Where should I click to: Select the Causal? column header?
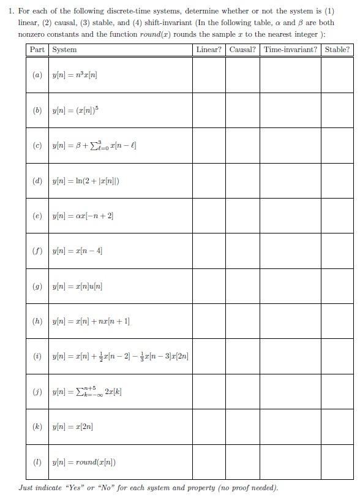point(242,50)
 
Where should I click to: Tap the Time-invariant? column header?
point(290,50)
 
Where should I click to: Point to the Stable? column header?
point(337,50)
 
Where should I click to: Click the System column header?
point(65,50)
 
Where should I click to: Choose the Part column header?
point(37,50)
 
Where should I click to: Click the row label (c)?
point(37,145)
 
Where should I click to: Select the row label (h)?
point(37,321)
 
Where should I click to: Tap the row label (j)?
point(37,392)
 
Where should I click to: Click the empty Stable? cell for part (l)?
point(337,462)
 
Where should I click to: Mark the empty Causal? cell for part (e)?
point(242,216)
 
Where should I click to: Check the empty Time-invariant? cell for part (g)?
point(290,286)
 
